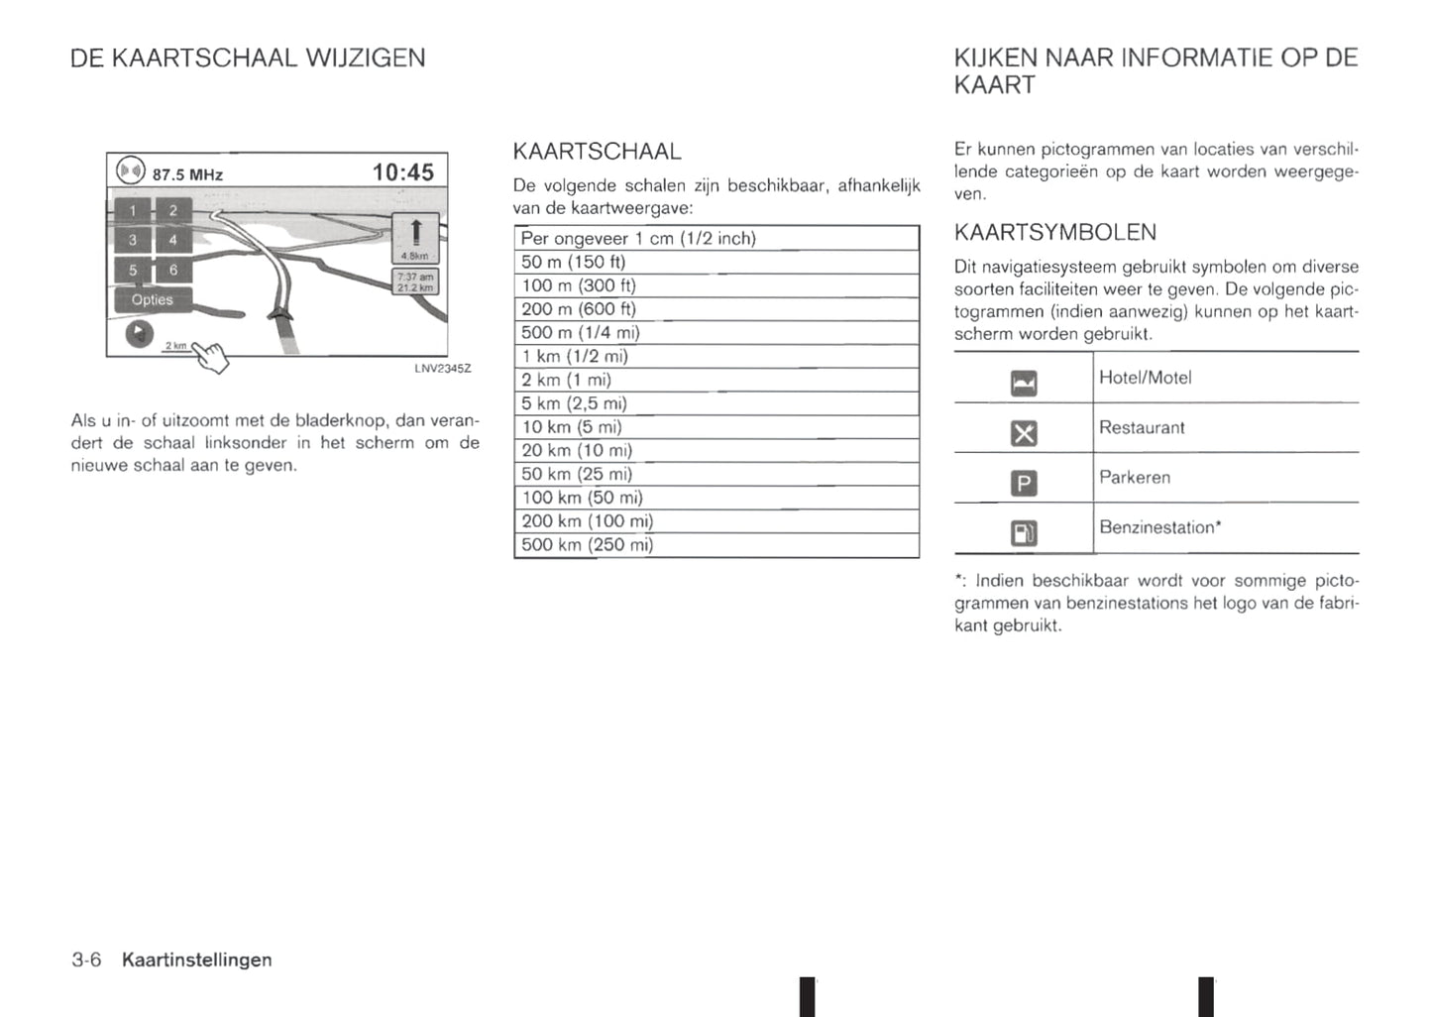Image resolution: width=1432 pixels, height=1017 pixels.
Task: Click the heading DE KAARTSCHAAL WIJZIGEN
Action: click(x=248, y=58)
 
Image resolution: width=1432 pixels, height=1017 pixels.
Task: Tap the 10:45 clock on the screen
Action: click(x=402, y=172)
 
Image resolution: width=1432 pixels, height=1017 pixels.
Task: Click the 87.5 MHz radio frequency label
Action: click(x=187, y=175)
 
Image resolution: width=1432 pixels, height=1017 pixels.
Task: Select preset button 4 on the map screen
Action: click(x=172, y=240)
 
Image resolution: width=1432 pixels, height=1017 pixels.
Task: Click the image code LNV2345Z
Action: click(x=442, y=369)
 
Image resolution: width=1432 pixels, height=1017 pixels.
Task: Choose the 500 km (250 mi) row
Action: click(x=587, y=545)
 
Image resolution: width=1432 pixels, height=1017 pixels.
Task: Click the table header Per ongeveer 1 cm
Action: click(x=638, y=239)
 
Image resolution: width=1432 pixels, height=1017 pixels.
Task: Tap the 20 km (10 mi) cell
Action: click(x=577, y=451)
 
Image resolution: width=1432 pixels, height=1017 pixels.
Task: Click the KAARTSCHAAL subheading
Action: click(x=597, y=152)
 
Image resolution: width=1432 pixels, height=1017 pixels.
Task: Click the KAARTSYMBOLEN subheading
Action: click(x=1054, y=233)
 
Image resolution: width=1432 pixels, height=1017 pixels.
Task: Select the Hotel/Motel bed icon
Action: click(x=1024, y=383)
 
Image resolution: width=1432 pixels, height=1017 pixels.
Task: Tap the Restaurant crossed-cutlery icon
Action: click(x=1024, y=433)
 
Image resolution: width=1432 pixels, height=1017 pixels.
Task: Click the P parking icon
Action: click(x=1024, y=484)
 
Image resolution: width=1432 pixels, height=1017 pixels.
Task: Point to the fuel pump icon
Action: click(x=1024, y=533)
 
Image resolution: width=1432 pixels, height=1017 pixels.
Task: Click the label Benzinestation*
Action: click(x=1159, y=528)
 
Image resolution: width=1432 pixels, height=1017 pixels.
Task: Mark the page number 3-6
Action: click(x=86, y=960)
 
